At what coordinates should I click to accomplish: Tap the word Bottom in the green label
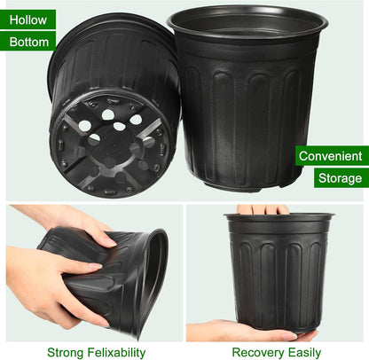(30, 42)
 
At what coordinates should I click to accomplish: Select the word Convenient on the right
(330, 156)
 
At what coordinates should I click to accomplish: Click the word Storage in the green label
(340, 178)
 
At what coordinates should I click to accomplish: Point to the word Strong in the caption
(67, 352)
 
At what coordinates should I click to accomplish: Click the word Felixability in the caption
(116, 352)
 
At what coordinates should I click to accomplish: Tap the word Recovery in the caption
(256, 352)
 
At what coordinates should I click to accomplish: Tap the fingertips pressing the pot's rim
(263, 210)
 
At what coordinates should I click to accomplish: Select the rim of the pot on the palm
(279, 218)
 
